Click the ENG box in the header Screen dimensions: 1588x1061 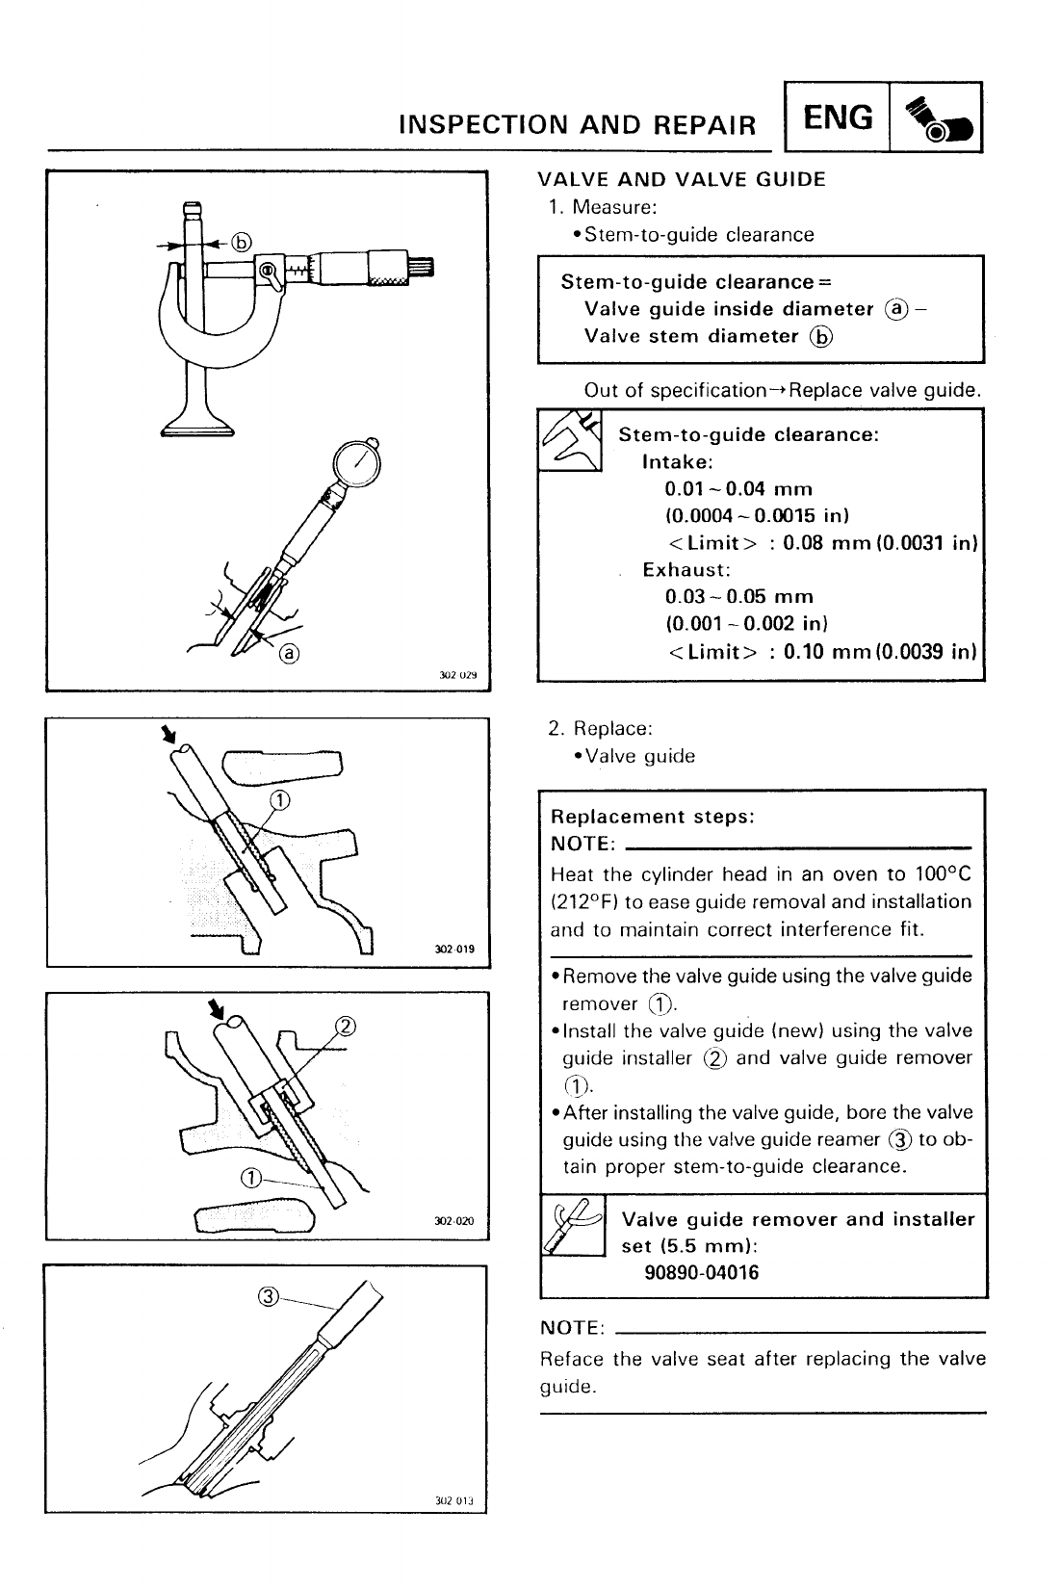838,118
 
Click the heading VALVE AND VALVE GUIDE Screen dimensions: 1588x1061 681,179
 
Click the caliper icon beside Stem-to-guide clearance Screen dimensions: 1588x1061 570,440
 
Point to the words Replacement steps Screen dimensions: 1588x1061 652,817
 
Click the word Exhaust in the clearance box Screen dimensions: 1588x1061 686,569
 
